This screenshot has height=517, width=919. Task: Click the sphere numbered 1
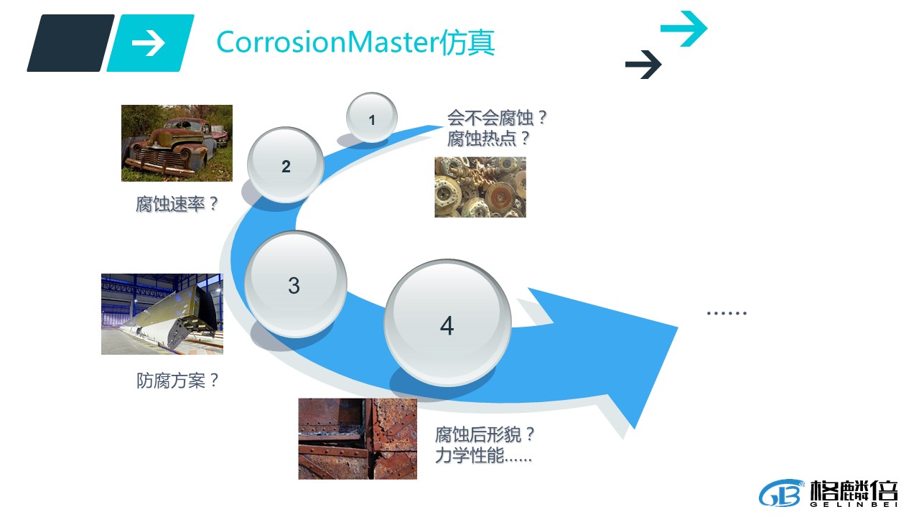(x=372, y=118)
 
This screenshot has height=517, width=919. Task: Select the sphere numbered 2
(x=286, y=165)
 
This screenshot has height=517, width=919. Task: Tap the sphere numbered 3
(x=295, y=284)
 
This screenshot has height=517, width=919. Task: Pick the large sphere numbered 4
(x=447, y=323)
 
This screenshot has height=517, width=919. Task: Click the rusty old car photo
(x=177, y=143)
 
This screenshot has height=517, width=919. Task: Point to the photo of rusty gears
(x=480, y=187)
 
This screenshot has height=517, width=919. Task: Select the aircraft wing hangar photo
(x=162, y=314)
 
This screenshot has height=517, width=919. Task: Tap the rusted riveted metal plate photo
(x=358, y=439)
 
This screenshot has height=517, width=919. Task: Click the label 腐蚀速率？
(x=177, y=204)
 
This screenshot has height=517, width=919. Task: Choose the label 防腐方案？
(x=177, y=381)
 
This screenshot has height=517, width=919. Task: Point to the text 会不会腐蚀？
(x=497, y=118)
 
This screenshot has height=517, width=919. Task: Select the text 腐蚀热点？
(x=488, y=139)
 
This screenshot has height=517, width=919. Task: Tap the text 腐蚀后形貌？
(x=485, y=434)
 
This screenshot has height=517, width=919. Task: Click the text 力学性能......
(x=470, y=455)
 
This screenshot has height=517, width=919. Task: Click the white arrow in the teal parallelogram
(x=148, y=42)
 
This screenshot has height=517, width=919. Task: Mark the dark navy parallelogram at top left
(x=70, y=43)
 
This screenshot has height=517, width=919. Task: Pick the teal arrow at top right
(x=684, y=28)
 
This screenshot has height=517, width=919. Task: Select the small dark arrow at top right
(x=643, y=65)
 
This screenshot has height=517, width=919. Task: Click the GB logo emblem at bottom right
(x=780, y=493)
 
